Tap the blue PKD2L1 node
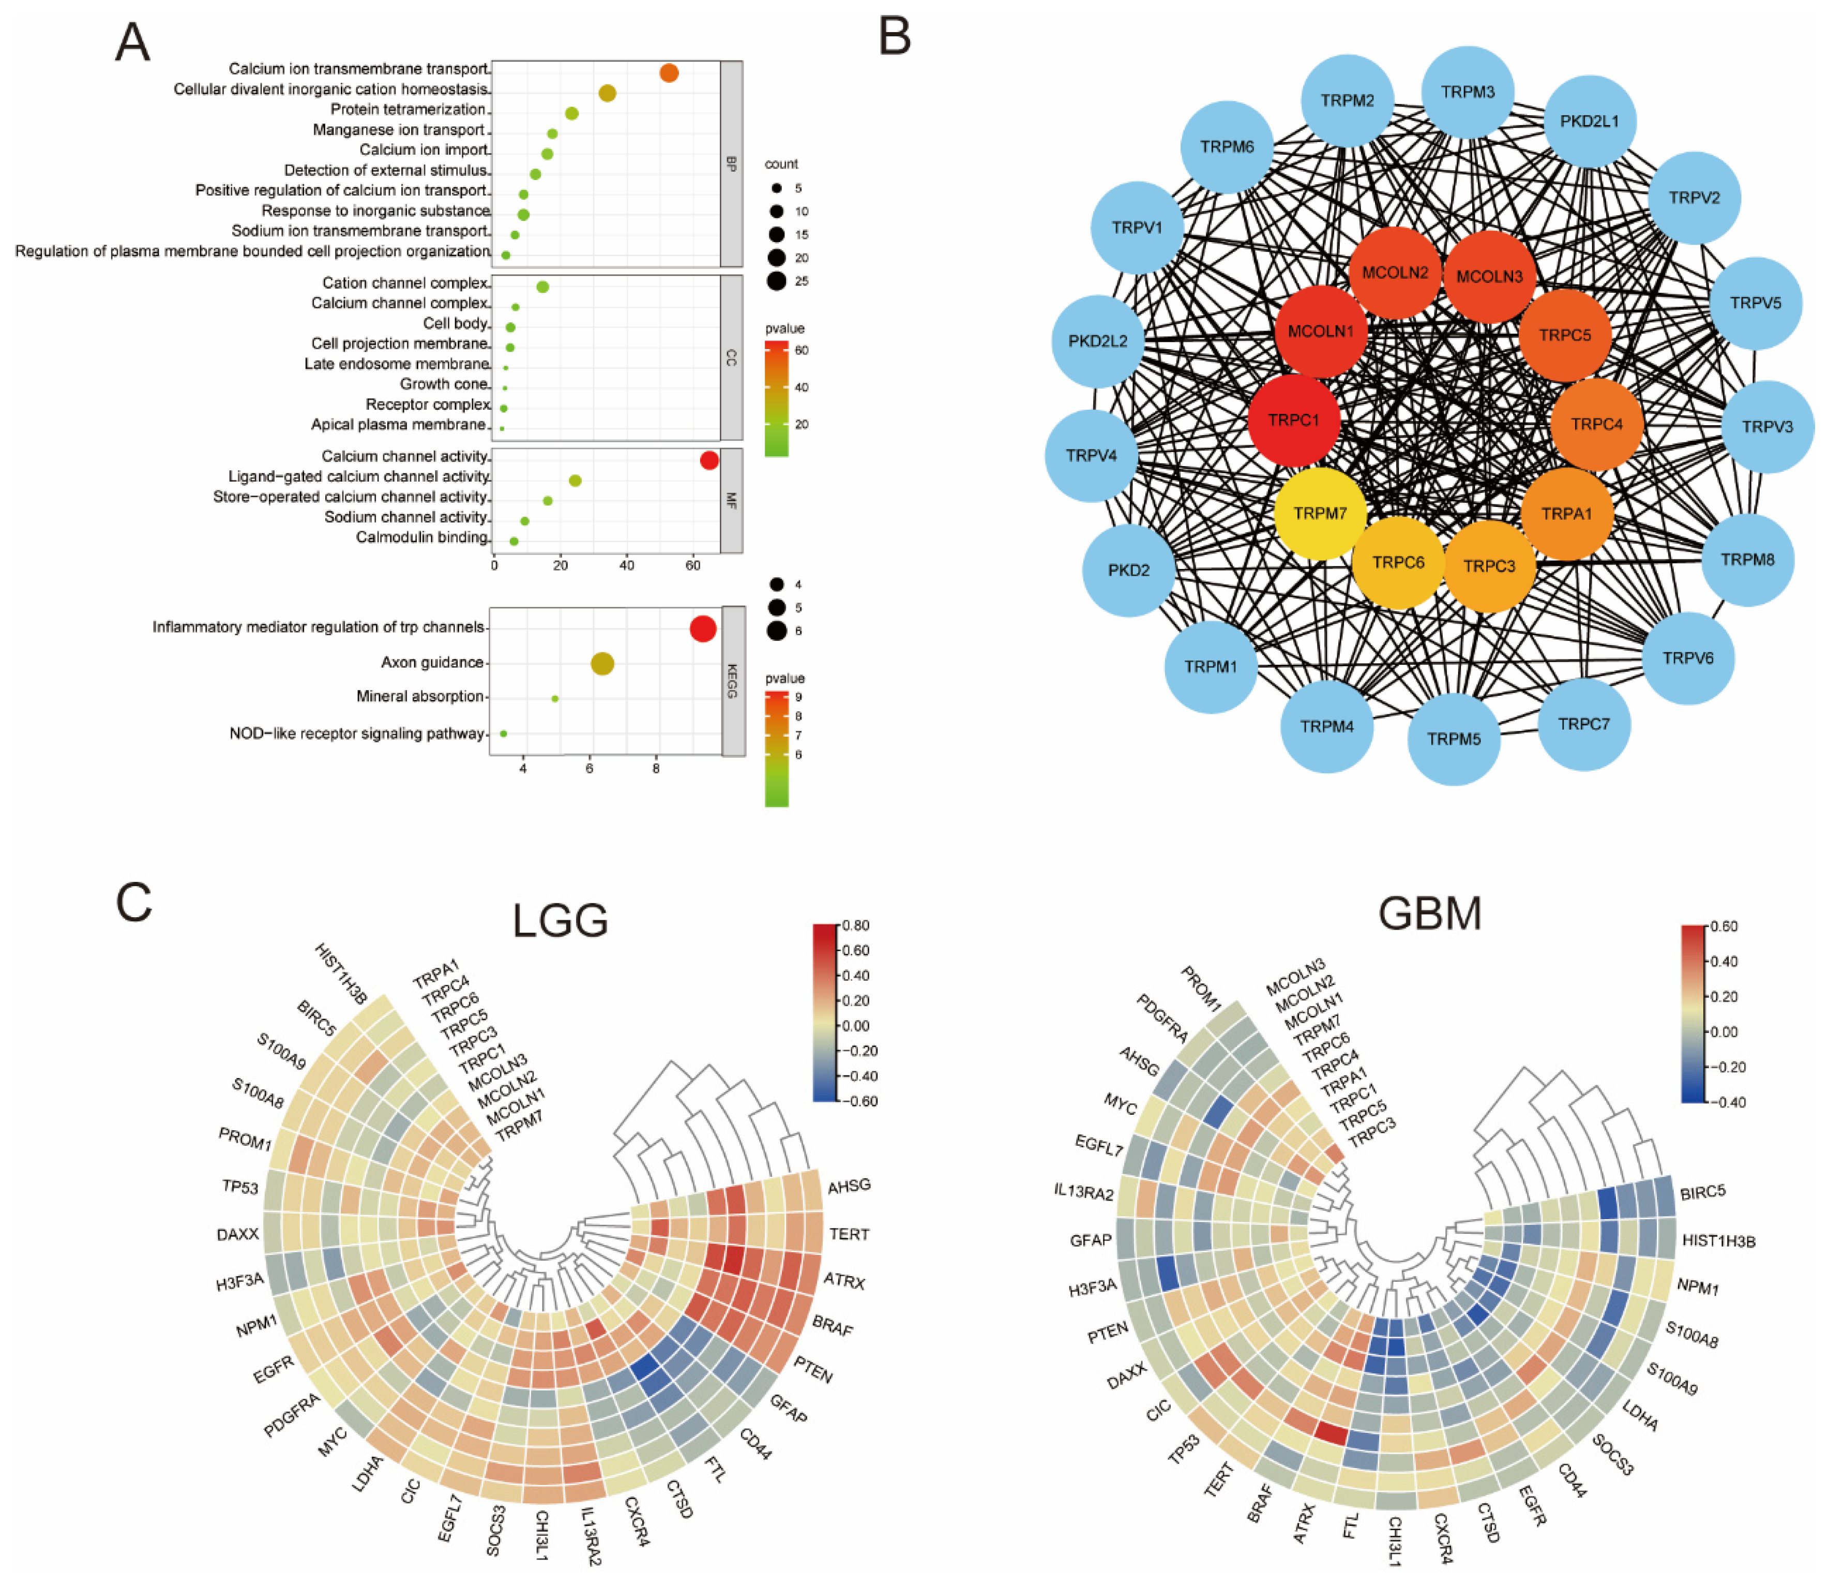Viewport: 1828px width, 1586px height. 1589,121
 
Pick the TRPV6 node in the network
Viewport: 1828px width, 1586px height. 1687,657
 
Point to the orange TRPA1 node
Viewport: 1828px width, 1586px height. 1566,513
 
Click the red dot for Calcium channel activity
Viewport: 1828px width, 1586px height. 709,460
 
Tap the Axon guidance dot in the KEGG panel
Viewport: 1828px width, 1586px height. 602,664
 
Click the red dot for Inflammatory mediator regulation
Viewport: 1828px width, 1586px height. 703,629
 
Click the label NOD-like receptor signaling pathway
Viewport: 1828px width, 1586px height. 357,734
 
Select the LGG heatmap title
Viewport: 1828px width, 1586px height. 560,920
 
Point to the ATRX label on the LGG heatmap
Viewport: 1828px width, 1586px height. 844,1281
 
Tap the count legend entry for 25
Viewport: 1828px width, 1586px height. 777,281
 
